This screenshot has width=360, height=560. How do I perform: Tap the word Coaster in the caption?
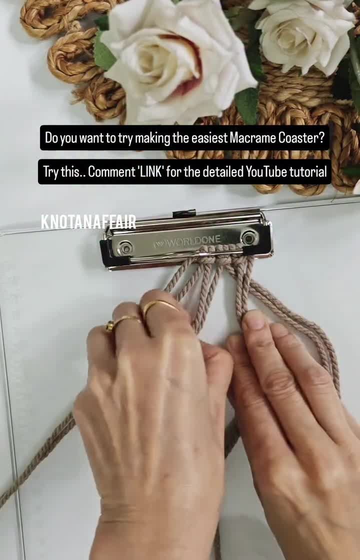point(300,138)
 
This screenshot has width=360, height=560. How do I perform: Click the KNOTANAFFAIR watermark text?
point(88,222)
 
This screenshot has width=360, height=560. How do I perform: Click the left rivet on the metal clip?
point(125,247)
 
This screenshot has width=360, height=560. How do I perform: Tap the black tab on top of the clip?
point(184,213)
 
